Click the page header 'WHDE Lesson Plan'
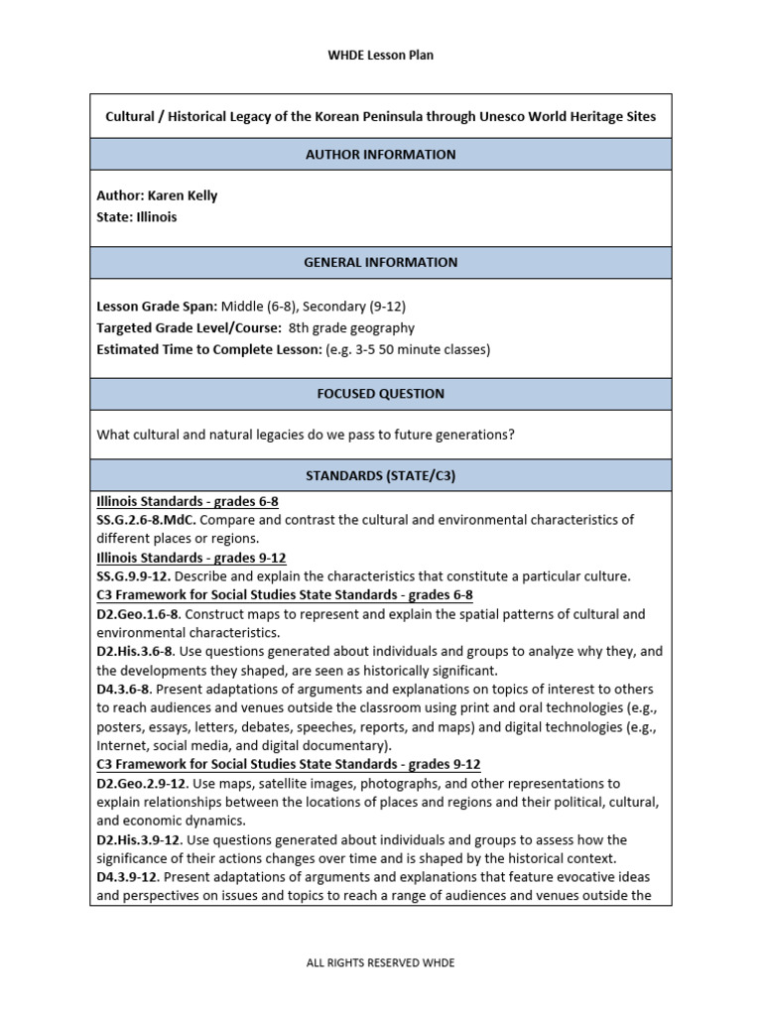click(381, 56)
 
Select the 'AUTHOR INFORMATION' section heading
click(381, 155)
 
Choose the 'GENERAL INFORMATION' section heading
click(381, 263)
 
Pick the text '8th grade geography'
click(352, 327)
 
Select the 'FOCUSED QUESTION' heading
click(381, 394)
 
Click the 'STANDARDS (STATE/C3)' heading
click(381, 476)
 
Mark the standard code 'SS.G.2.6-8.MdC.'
click(146, 520)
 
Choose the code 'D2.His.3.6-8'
click(135, 652)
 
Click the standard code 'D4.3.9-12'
click(128, 878)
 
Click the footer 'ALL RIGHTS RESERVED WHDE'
click(381, 962)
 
